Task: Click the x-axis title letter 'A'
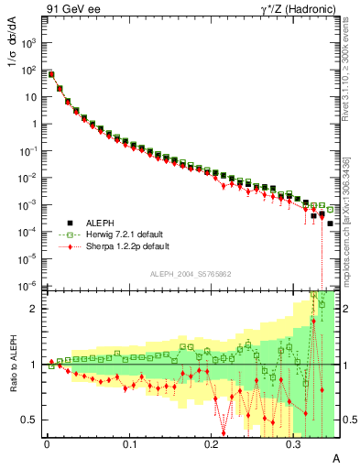click(335, 457)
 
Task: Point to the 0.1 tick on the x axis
click(129, 442)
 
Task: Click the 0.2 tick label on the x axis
click(212, 442)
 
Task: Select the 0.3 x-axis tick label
click(293, 442)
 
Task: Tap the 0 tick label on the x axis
click(47, 442)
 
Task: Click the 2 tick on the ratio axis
click(35, 309)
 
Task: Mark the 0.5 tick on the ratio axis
click(30, 420)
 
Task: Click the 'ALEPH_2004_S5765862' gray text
click(191, 274)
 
